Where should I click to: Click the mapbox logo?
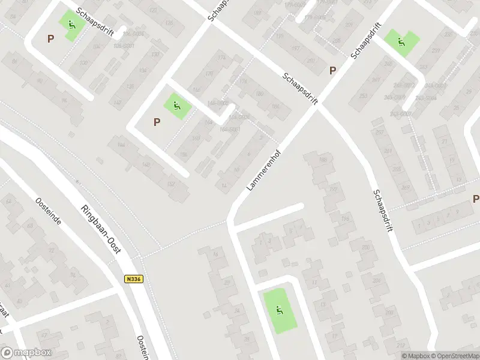tap(26, 353)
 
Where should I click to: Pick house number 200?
tap(366, 247)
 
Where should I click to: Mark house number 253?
tap(363, 96)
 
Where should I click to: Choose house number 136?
tap(169, 23)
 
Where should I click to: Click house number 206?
tap(377, 280)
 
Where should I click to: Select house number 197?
tap(295, 48)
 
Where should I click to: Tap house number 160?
tap(196, 139)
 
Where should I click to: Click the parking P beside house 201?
tap(332, 70)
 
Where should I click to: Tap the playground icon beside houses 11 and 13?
tap(279, 310)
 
